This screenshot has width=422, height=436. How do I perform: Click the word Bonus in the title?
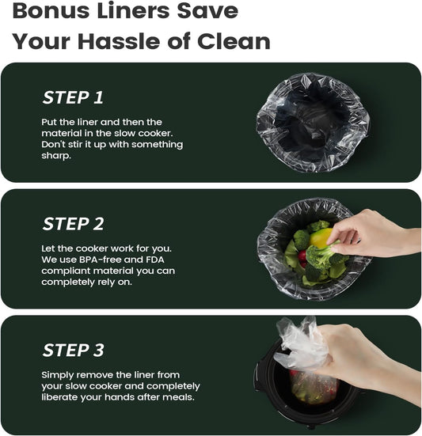pyautogui.click(x=51, y=10)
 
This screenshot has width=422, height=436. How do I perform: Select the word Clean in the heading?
pyautogui.click(x=234, y=41)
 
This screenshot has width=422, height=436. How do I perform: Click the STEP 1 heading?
pyautogui.click(x=73, y=97)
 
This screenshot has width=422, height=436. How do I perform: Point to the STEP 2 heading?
pyautogui.click(x=73, y=224)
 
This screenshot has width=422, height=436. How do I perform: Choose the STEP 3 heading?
pyautogui.click(x=73, y=350)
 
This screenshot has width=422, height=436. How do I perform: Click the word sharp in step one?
pyautogui.click(x=55, y=156)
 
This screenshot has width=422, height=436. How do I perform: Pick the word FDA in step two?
pyautogui.click(x=155, y=260)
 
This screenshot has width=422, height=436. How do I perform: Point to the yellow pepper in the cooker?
pyautogui.click(x=320, y=238)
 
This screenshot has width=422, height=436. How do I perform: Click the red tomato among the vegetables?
pyautogui.click(x=302, y=256)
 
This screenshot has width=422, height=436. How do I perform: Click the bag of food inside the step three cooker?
pyautogui.click(x=314, y=386)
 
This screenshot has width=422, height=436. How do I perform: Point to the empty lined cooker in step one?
pyautogui.click(x=313, y=123)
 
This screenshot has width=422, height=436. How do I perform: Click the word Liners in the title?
pyautogui.click(x=133, y=10)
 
